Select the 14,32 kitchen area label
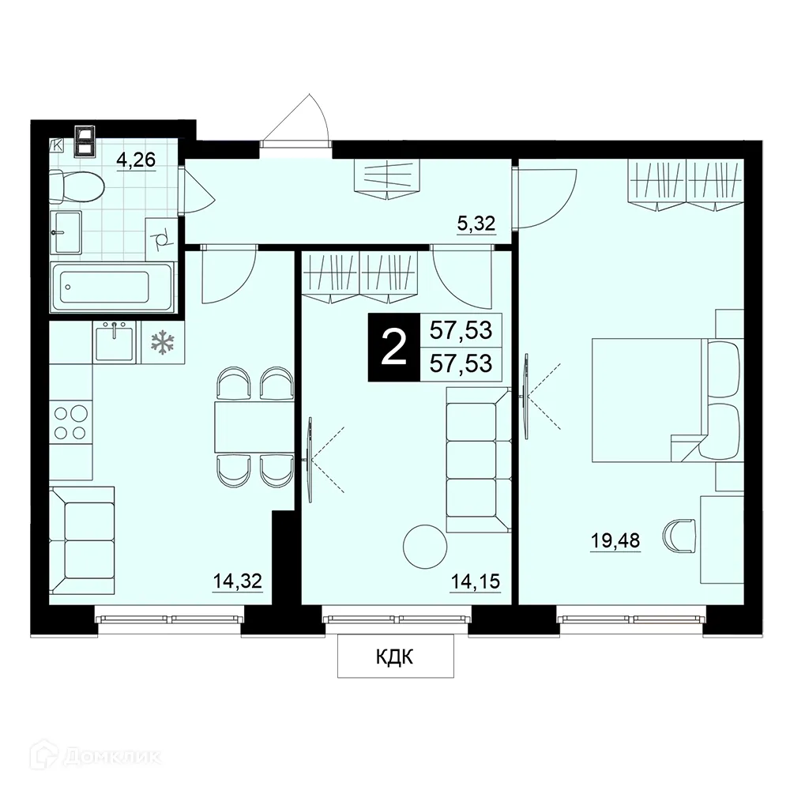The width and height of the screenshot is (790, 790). click(x=237, y=582)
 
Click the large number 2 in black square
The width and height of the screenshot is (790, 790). click(x=393, y=348)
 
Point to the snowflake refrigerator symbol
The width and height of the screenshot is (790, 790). click(x=162, y=342)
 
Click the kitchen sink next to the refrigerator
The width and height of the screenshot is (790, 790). click(x=115, y=340)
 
